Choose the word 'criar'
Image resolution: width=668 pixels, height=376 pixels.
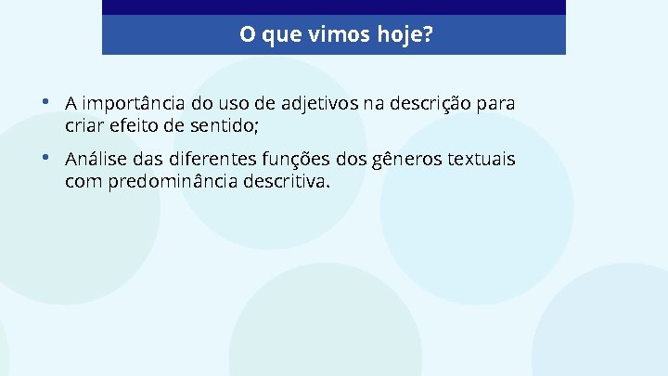point(83,123)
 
